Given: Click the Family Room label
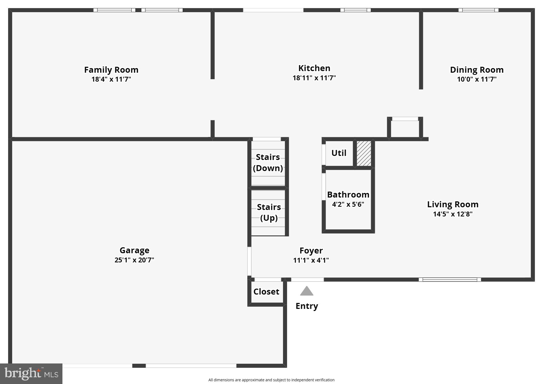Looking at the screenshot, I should [x=111, y=70].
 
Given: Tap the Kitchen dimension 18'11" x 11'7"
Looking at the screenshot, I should [x=314, y=78].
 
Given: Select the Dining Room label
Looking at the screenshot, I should [x=477, y=70].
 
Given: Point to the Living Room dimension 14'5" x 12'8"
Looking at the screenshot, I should [x=452, y=214].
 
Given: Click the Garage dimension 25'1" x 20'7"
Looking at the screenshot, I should [x=134, y=260].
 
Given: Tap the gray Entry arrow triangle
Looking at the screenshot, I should [x=307, y=291].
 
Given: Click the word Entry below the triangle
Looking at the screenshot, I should [x=307, y=306].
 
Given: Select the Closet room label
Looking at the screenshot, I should [x=266, y=292].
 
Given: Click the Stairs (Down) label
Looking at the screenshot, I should [x=268, y=162].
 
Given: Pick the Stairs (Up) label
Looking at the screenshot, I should [x=269, y=212].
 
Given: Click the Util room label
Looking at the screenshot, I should [x=339, y=153].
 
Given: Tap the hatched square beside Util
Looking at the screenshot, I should [x=364, y=153].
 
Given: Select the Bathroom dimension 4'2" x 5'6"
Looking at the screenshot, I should [x=348, y=204].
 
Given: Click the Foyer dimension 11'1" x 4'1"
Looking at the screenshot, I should [x=311, y=260].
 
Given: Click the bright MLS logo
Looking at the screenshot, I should [x=31, y=374].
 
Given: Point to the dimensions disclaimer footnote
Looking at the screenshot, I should [x=271, y=380].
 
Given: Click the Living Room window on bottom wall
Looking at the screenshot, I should [x=450, y=280].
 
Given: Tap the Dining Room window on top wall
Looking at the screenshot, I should [x=478, y=10].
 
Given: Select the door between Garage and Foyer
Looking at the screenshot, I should [x=249, y=261].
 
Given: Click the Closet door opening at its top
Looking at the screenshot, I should [x=268, y=280].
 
